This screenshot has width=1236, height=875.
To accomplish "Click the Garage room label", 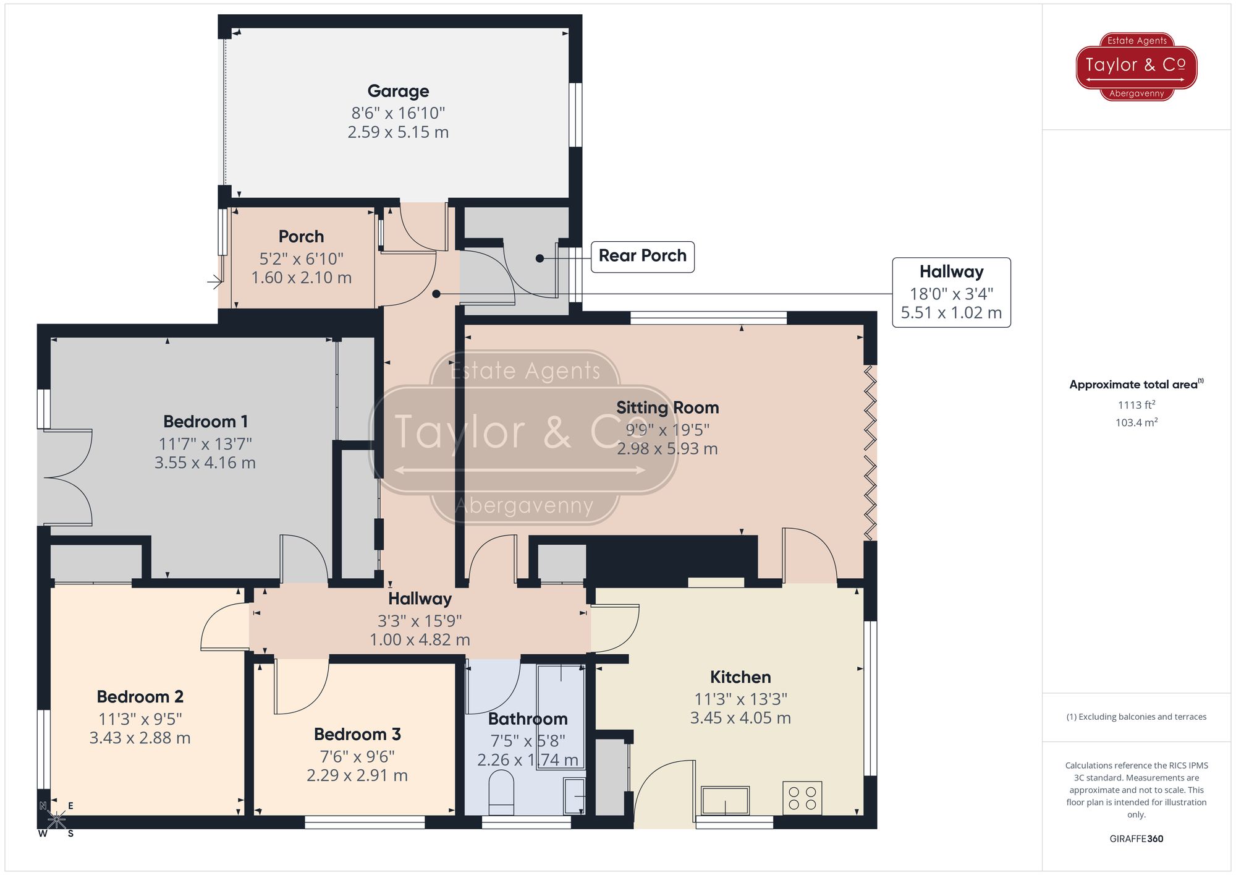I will coord(398,92).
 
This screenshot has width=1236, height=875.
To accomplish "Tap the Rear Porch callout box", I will coord(642,256).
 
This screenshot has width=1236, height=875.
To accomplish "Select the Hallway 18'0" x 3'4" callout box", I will coord(950,292).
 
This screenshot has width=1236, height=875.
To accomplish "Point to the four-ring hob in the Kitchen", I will coord(802,798).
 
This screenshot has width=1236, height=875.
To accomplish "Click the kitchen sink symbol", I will coord(725,801).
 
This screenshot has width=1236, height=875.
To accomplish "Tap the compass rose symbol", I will coord(56,820).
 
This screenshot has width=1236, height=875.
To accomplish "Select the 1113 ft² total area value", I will coord(1136,405).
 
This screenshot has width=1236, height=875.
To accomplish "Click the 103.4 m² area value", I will coord(1136,423).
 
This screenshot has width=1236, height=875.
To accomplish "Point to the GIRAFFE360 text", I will coord(1136,839).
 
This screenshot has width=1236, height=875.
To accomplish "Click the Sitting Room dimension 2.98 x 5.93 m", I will coord(667,449).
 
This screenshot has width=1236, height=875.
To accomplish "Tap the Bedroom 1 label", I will coord(205,422).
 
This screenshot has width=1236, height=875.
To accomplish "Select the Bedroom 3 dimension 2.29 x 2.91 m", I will coord(357,775).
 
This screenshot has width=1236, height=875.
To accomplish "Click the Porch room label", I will coord(301,237).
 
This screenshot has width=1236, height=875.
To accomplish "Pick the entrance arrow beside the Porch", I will coord(214,282).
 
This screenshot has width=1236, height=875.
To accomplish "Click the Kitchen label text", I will coord(740,677).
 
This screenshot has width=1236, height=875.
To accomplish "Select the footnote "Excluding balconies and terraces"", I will coord(1136,717).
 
